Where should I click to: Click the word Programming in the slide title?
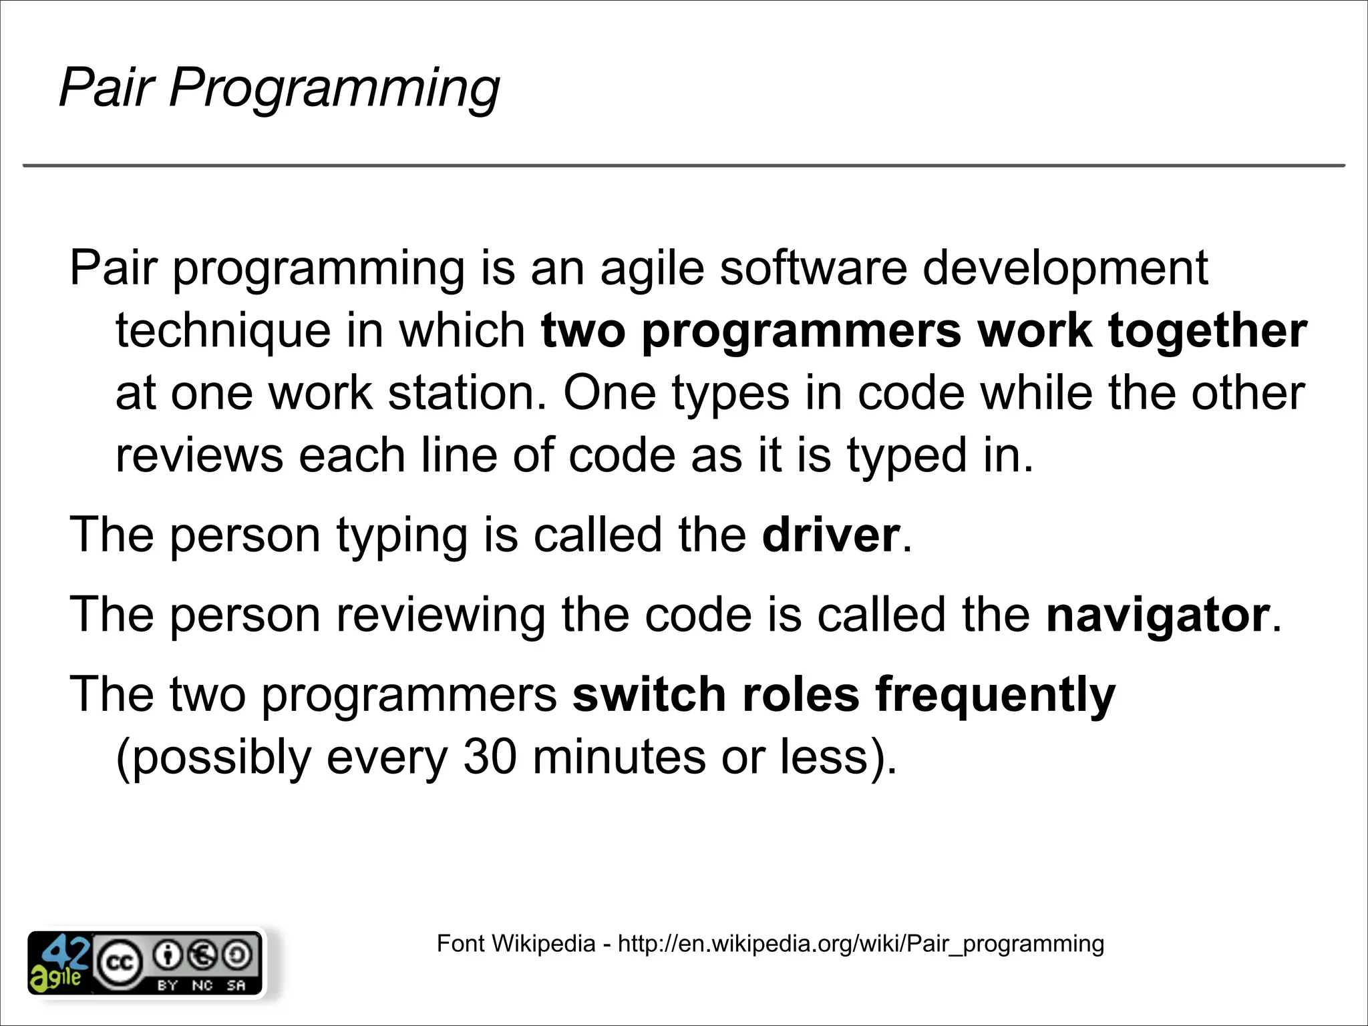tap(334, 87)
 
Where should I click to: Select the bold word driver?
tap(831, 535)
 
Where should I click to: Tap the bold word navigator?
tap(1158, 615)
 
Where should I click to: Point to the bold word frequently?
tap(995, 695)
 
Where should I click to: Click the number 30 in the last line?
tap(490, 757)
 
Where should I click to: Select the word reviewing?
tap(441, 615)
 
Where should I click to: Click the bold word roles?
tap(800, 695)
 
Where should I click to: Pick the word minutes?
tap(619, 757)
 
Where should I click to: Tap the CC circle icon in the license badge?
tap(120, 963)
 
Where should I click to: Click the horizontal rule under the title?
tap(684, 165)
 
